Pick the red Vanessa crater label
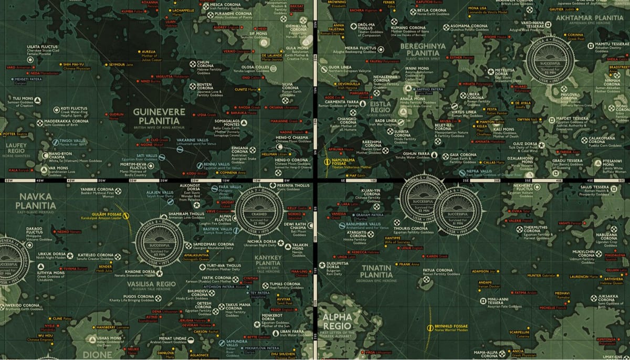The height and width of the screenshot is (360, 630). click(x=339, y=214)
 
